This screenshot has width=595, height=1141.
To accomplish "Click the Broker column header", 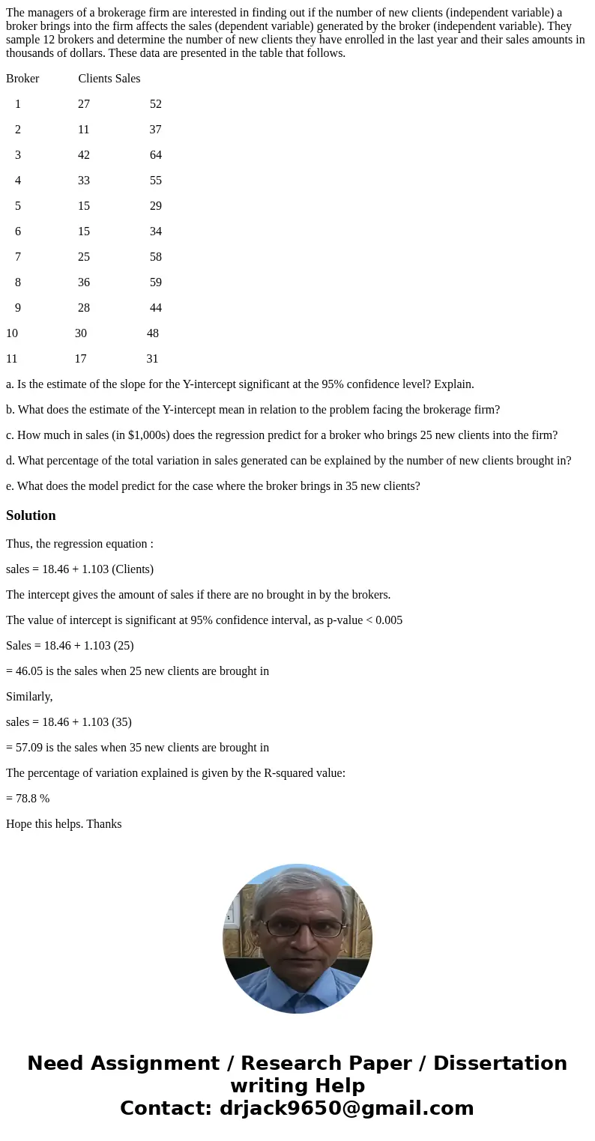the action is pos(22,78).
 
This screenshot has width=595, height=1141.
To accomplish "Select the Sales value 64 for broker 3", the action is pos(155,155).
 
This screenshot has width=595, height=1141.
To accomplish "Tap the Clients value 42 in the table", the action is pos(84,155).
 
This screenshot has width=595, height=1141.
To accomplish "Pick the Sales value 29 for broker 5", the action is pos(155,206).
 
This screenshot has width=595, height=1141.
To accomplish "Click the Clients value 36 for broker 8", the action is pos(84,282).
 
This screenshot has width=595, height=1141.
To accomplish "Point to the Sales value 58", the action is pos(155,257).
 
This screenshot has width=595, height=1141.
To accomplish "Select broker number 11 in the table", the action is pos(12,359).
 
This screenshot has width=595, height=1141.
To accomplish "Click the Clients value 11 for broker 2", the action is pos(83,130).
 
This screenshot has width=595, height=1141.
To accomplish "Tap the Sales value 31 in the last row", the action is pos(152,359).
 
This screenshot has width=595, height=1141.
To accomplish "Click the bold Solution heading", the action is pos(31,515).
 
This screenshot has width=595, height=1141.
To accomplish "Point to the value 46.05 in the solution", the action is pos(29,671).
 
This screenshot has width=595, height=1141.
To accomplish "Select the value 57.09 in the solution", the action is pos(29,748).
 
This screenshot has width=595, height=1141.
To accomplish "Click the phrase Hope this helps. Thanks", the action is pos(64,824).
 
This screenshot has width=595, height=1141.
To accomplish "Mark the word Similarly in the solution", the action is pos(28,697).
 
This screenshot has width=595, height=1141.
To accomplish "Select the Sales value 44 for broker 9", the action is pos(155,308).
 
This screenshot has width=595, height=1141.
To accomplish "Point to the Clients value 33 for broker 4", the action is pos(84,181).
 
